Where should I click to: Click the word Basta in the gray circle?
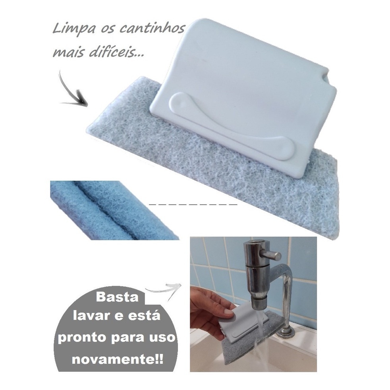117,298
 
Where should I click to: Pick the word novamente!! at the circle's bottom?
118,359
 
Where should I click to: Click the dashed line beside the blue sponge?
193,205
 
